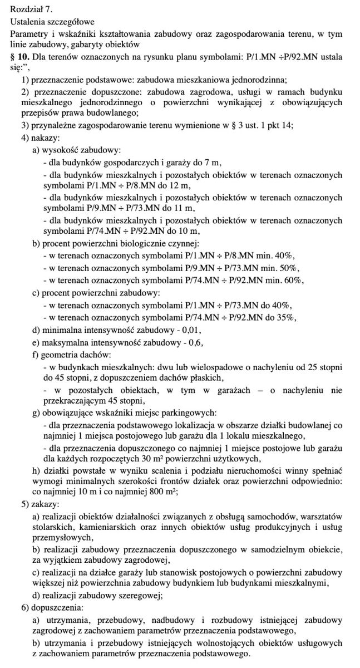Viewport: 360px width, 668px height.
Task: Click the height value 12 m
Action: click(x=181, y=185)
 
